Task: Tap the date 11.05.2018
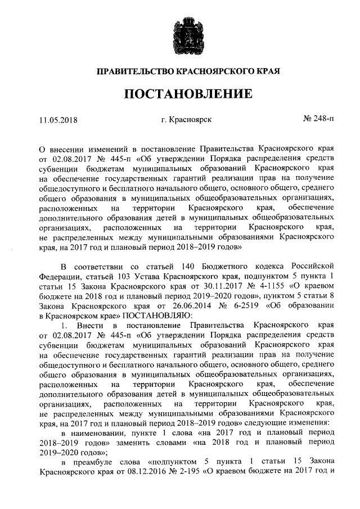57,119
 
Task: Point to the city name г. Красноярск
186,119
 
